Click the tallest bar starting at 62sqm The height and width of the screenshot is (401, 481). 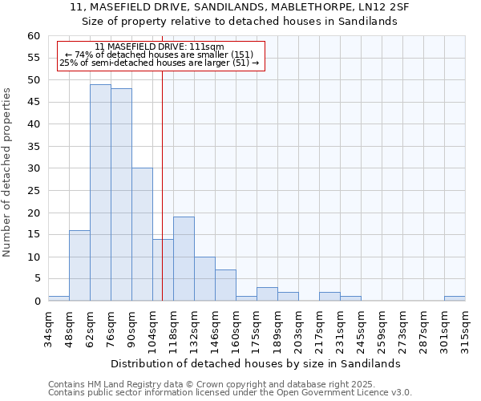point(100,192)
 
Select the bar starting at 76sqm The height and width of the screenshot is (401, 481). point(121,195)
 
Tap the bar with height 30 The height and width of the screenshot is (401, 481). point(142,234)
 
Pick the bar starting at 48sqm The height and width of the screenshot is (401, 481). point(79,265)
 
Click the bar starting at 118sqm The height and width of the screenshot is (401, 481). point(184,259)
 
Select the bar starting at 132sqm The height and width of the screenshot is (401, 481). point(204,279)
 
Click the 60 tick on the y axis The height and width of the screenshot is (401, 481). point(34,36)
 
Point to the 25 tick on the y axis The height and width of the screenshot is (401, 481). point(34,191)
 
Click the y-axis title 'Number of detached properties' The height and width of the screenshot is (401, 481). point(8,172)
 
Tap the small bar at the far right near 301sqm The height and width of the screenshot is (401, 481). point(455,298)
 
